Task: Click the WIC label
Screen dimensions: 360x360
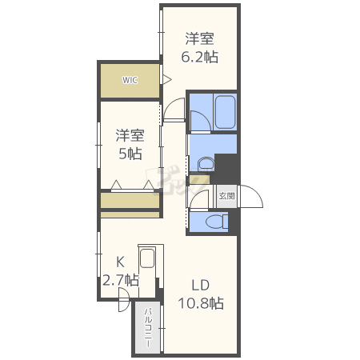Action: pyautogui.click(x=130, y=80)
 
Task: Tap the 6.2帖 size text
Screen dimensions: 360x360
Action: pyautogui.click(x=200, y=57)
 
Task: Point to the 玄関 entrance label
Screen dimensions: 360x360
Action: pyautogui.click(x=226, y=195)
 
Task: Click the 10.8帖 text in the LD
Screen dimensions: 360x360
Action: pyautogui.click(x=200, y=303)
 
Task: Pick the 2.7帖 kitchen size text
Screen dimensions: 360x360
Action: pyautogui.click(x=121, y=280)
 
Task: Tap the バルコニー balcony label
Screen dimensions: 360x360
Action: pyautogui.click(x=148, y=329)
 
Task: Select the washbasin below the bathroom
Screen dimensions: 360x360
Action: pyautogui.click(x=206, y=165)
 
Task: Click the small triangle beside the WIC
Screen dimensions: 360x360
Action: pyautogui.click(x=167, y=79)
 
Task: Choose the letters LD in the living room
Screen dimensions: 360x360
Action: pyautogui.click(x=200, y=285)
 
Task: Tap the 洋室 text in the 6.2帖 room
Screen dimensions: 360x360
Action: pyautogui.click(x=200, y=38)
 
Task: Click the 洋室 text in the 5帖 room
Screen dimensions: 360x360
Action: pyautogui.click(x=129, y=134)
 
